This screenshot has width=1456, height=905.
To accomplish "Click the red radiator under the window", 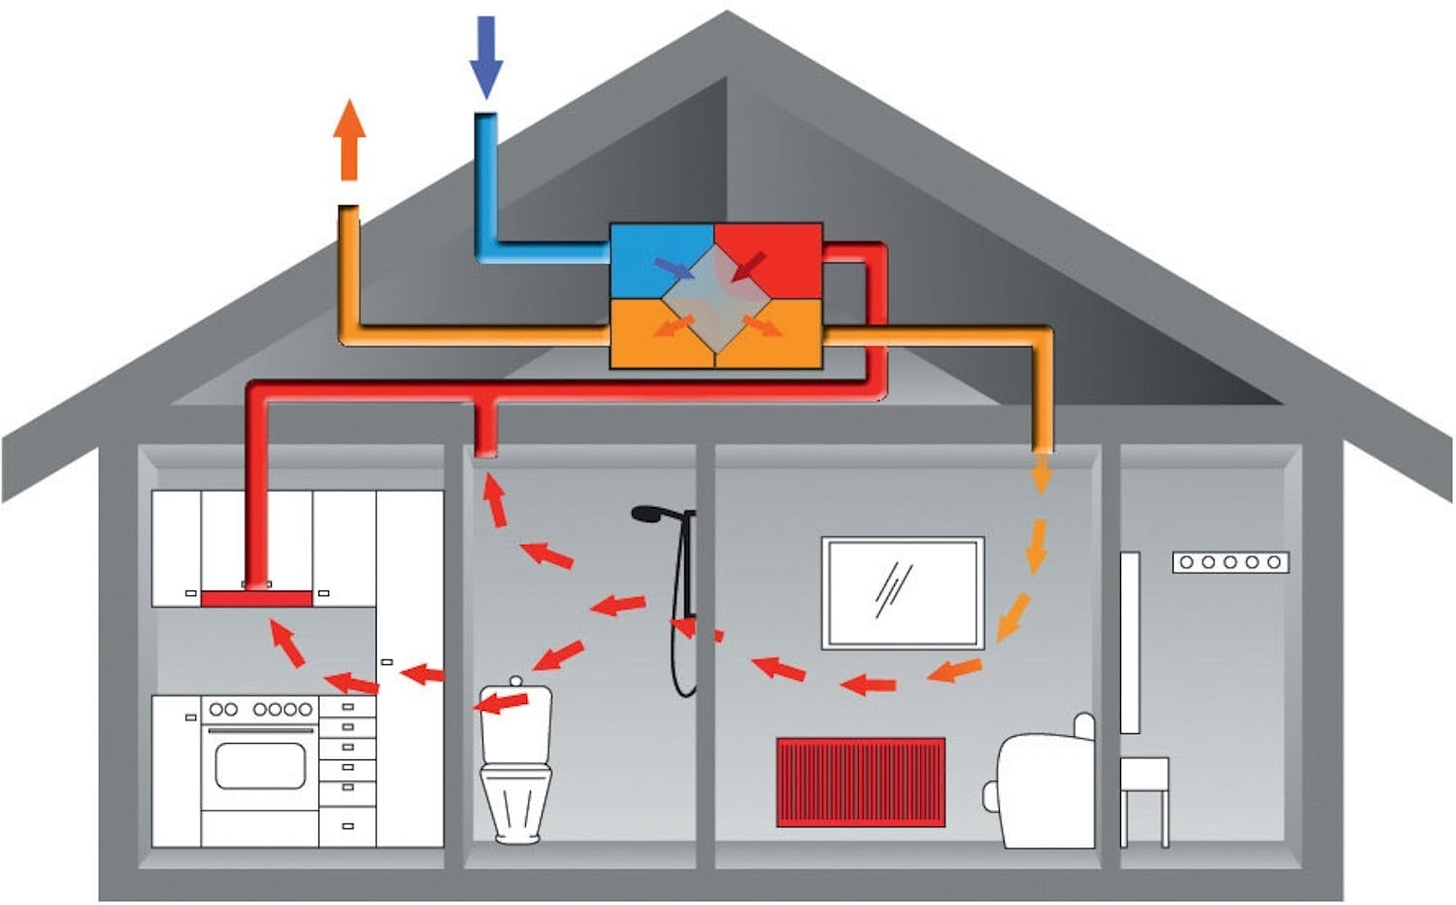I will point(861,782).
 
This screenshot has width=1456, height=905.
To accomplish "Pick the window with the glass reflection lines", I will point(903,591).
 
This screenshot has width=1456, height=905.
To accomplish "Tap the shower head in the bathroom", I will point(648,514).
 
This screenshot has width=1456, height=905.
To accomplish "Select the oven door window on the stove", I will point(259,766).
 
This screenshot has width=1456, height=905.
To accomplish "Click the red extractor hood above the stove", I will point(256,598).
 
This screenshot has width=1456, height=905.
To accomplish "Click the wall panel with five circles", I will point(1230,561).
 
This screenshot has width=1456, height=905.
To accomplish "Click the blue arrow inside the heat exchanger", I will point(673,268).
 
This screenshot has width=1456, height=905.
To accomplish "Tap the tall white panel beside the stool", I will point(1130,641).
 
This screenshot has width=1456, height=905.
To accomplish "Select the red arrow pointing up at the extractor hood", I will point(286,644).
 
